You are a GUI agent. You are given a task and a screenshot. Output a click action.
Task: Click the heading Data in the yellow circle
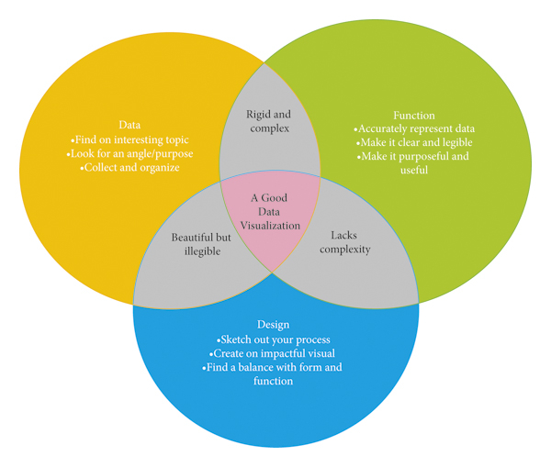129,124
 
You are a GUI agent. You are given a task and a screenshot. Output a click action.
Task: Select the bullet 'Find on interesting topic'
129,139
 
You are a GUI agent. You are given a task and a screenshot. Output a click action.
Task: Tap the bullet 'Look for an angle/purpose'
129,153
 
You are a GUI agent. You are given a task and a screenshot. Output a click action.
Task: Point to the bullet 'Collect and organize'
129,168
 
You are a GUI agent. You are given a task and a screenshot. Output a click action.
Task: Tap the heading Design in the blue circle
274,325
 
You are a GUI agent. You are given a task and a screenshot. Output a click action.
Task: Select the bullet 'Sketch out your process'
274,339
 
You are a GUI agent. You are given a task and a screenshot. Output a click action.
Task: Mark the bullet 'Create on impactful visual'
274,353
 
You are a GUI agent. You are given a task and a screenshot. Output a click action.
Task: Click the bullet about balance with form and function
274,374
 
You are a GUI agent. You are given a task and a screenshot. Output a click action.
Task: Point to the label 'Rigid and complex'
268,121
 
